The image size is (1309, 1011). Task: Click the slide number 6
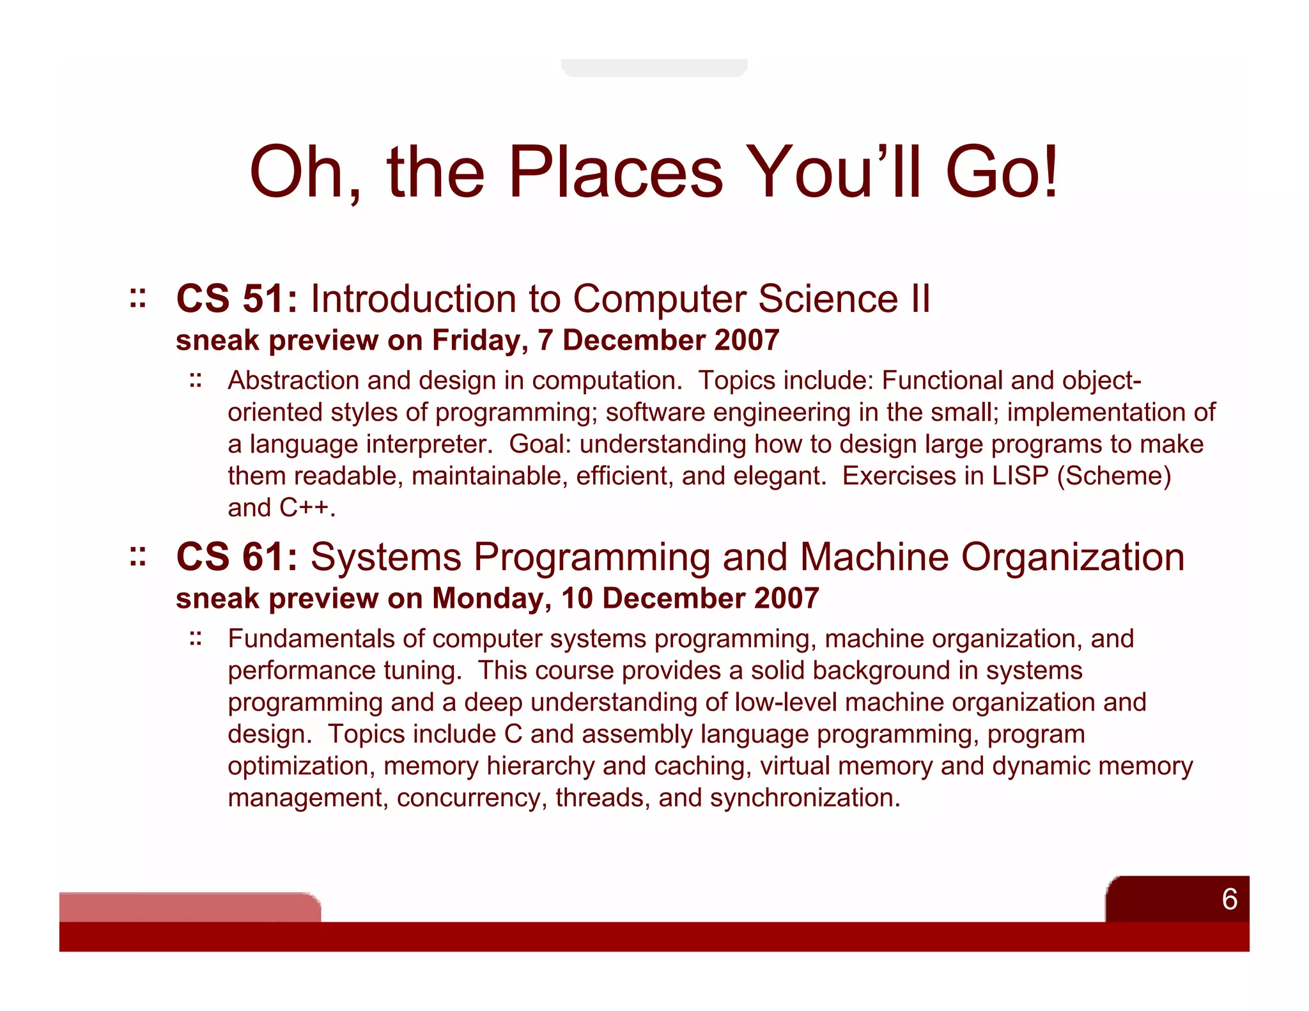point(1229,899)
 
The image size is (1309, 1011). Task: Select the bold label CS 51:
point(237,298)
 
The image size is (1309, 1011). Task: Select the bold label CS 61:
point(237,557)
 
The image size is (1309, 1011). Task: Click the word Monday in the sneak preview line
point(491,598)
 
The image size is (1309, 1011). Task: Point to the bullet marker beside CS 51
point(137,298)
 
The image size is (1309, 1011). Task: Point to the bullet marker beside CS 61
point(137,557)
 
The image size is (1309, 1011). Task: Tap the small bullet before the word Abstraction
point(196,381)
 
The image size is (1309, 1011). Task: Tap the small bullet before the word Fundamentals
point(196,638)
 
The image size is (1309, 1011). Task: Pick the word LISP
point(1020,476)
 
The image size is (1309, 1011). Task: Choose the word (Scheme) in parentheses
point(1114,476)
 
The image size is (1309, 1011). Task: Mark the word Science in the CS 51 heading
point(828,298)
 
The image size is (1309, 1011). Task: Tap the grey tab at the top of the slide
point(654,68)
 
